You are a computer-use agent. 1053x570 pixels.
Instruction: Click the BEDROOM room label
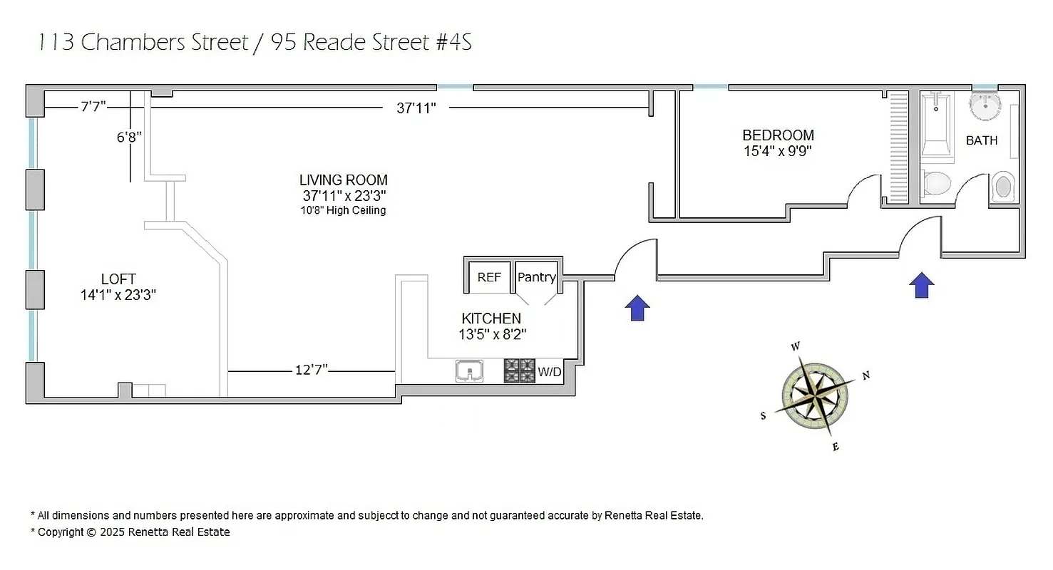[778, 135]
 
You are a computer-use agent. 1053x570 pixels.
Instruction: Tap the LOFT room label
[118, 279]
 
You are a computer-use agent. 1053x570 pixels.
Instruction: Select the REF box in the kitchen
[489, 277]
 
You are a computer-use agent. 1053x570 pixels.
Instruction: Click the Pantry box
[536, 277]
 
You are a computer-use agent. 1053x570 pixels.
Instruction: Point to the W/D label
[549, 371]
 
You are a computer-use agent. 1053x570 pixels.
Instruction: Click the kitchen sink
[469, 371]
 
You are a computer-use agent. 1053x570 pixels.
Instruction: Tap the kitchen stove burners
[520, 370]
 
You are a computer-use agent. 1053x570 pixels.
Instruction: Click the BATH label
[982, 140]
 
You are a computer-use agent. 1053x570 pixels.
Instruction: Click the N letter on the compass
[866, 375]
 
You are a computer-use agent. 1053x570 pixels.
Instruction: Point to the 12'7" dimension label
[312, 369]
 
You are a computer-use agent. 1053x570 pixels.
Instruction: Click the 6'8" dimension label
[130, 137]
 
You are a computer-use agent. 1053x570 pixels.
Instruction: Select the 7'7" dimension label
[93, 107]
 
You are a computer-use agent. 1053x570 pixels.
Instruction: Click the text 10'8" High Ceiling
[343, 210]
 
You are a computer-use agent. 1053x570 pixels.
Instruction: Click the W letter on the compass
[796, 347]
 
